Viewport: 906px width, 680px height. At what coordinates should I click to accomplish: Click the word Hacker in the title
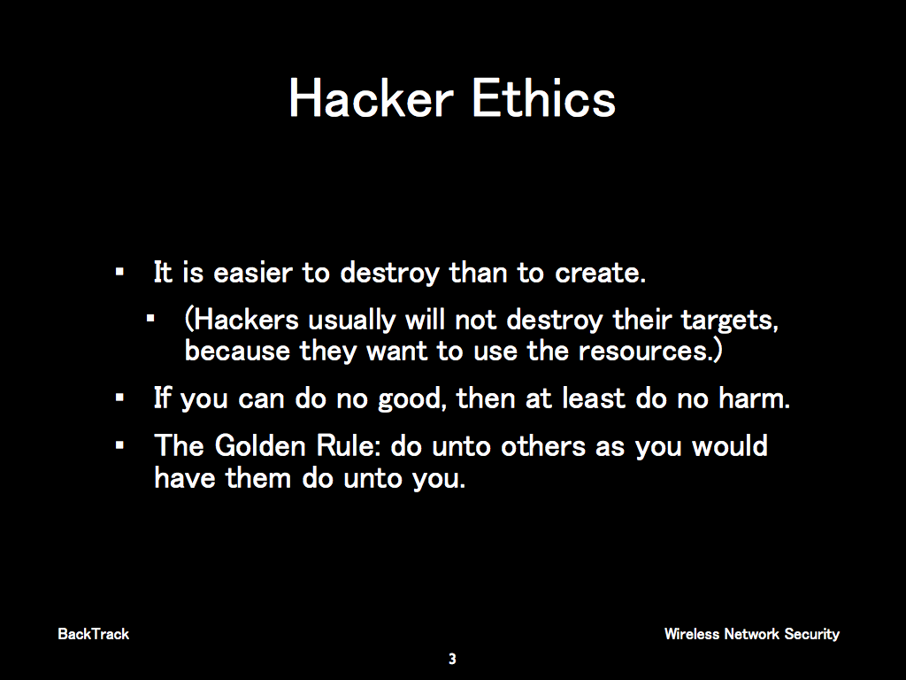371,98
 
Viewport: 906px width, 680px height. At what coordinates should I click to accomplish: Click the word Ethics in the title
544,98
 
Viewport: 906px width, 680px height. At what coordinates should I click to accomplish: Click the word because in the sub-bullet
237,351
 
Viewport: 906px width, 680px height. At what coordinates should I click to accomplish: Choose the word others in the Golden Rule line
543,446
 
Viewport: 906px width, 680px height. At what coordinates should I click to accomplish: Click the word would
730,446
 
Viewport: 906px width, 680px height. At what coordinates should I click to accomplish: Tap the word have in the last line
184,478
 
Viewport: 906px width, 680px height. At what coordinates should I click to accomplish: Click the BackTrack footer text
94,634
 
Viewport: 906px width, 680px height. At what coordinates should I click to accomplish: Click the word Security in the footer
812,635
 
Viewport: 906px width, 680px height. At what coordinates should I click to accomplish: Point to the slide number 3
452,659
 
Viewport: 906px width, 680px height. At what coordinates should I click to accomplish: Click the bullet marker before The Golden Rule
119,446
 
